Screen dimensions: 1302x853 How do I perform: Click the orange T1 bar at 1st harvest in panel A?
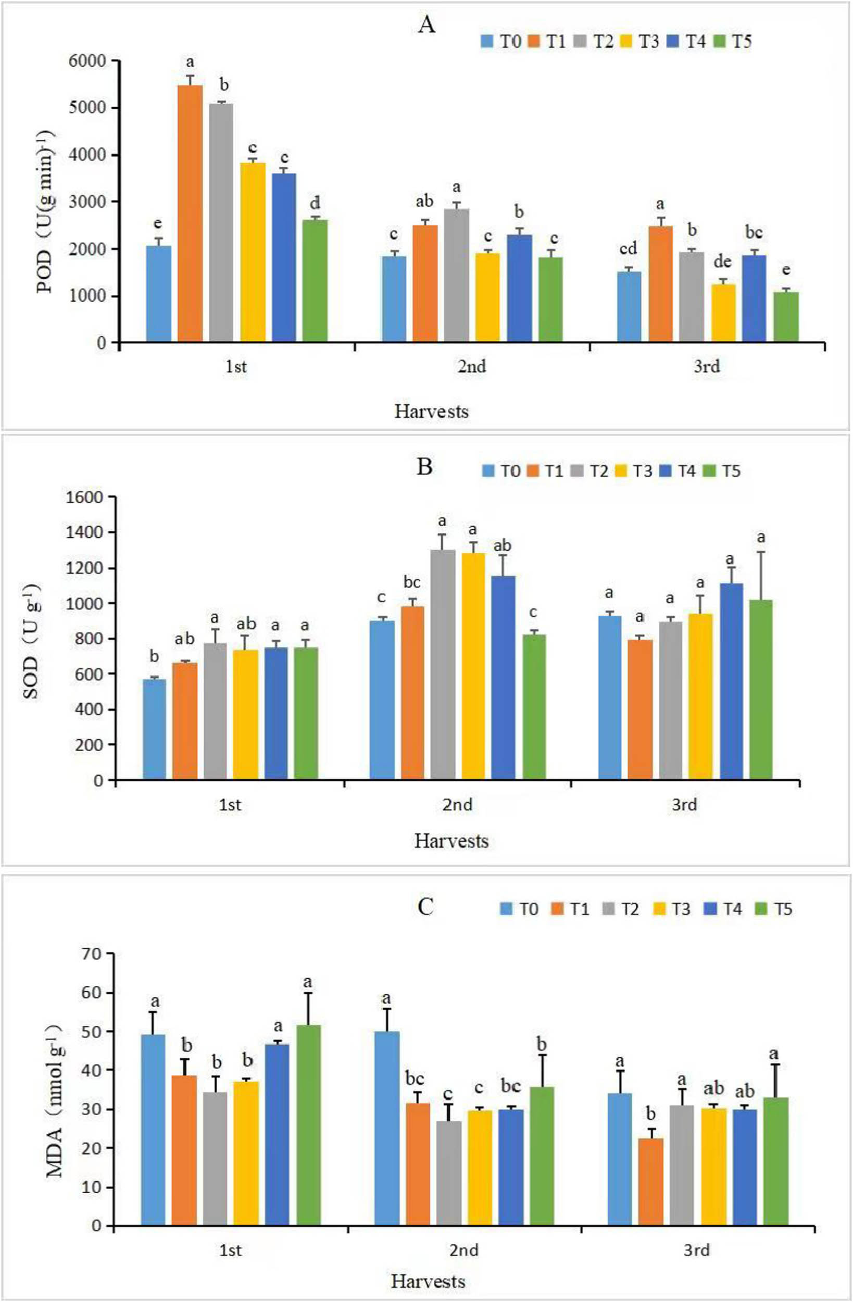click(190, 214)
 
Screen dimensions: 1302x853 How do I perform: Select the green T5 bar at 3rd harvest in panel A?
click(786, 317)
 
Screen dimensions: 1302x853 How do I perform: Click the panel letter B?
click(424, 467)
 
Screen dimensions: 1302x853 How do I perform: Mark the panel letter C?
click(425, 907)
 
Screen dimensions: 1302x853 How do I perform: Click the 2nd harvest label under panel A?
click(471, 366)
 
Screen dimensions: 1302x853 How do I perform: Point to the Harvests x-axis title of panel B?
click(451, 841)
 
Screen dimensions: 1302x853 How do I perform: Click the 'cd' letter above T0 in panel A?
click(628, 249)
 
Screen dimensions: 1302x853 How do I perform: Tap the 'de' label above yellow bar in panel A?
click(722, 262)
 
